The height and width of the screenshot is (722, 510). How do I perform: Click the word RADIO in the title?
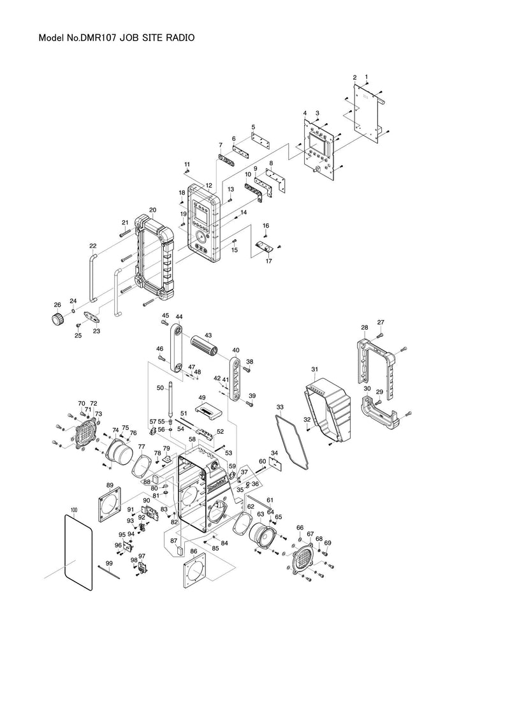pyautogui.click(x=177, y=38)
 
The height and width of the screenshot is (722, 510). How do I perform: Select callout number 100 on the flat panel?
pyautogui.click(x=74, y=510)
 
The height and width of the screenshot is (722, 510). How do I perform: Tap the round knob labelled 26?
pyautogui.click(x=57, y=318)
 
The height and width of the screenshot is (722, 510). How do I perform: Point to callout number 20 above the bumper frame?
pyautogui.click(x=153, y=210)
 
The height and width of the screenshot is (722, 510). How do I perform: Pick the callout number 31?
pyautogui.click(x=314, y=369)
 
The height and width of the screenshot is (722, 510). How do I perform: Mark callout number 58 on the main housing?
pyautogui.click(x=192, y=440)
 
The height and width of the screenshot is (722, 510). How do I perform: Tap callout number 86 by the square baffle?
pyautogui.click(x=194, y=550)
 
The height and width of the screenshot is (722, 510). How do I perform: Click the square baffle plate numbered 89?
pyautogui.click(x=115, y=508)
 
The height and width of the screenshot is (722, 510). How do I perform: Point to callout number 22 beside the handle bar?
pyautogui.click(x=93, y=246)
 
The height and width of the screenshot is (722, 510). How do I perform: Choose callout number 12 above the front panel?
pyautogui.click(x=208, y=186)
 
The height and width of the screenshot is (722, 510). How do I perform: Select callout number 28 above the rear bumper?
pyautogui.click(x=365, y=328)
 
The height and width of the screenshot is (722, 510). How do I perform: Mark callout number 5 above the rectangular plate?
pyautogui.click(x=253, y=127)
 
